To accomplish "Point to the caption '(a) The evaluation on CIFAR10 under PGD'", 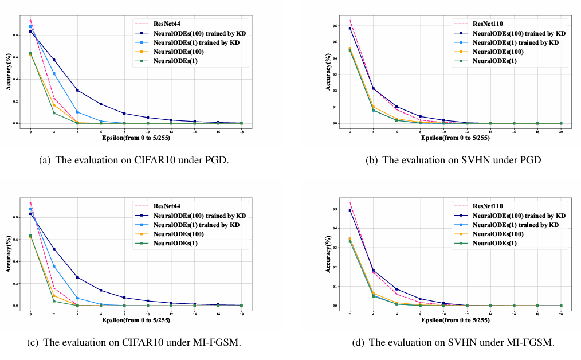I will click(134, 161).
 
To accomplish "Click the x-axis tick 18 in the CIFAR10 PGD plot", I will click(241, 131).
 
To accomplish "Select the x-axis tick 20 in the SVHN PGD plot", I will click(561, 131).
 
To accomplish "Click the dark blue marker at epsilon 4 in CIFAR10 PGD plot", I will click(77, 90).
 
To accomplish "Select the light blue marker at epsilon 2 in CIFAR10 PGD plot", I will click(54, 73).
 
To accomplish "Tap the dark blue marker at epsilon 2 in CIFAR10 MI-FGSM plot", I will click(54, 249).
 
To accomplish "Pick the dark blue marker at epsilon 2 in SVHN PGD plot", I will click(350, 28).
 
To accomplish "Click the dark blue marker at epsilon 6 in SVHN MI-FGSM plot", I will click(397, 289).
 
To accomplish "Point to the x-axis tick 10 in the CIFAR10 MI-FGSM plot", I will click(147, 314).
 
